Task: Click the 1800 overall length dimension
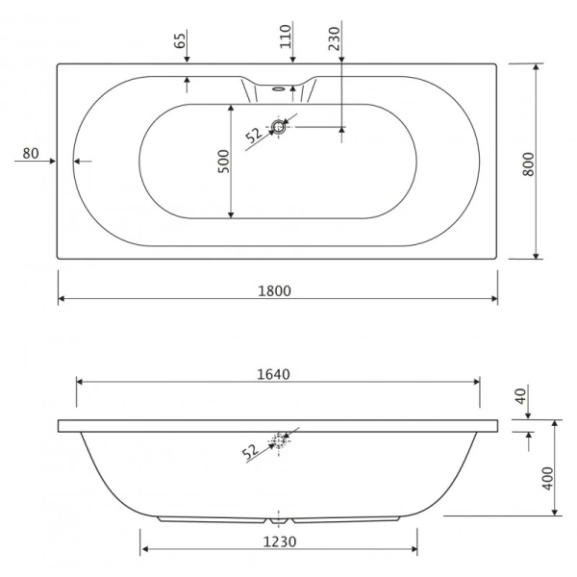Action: [274, 291]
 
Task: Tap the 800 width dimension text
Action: [528, 164]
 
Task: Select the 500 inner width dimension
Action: [223, 162]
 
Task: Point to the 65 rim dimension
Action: [180, 40]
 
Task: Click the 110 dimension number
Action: [286, 37]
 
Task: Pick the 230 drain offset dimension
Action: [334, 38]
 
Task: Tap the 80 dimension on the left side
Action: [31, 154]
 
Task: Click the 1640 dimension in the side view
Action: [273, 374]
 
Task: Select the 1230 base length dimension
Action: [280, 542]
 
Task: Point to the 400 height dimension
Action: [548, 478]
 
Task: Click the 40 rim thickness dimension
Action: [521, 396]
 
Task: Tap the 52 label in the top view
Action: [254, 135]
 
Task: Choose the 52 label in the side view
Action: [250, 452]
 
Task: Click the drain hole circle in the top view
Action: [279, 127]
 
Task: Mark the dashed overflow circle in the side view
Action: [279, 440]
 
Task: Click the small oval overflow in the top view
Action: [279, 88]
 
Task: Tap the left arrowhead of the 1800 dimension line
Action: [62, 298]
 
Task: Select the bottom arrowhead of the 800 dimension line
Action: [537, 256]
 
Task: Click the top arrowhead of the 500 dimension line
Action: [231, 108]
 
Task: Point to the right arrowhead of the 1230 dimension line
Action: [414, 549]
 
